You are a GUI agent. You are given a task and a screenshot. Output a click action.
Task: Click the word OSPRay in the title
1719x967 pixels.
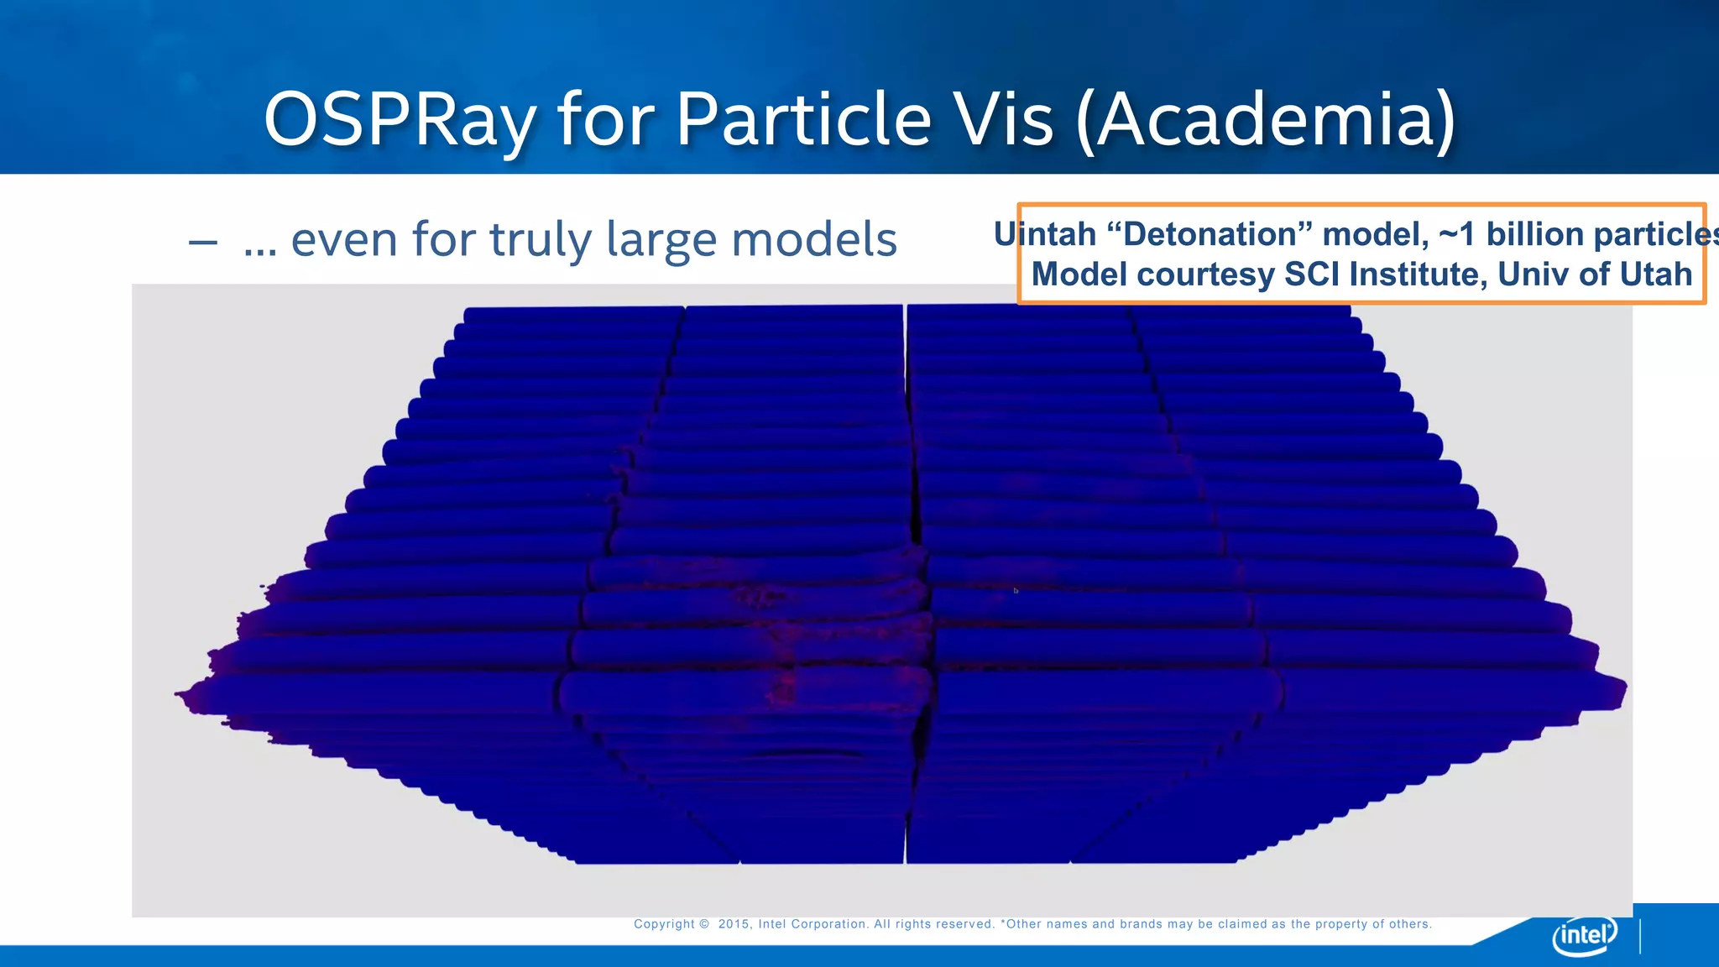click(400, 120)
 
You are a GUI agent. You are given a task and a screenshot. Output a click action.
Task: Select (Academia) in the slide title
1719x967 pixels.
click(1266, 120)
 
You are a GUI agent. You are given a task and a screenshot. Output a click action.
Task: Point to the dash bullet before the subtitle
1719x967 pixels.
click(203, 243)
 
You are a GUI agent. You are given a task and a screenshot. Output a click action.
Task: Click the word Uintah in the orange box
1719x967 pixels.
click(1045, 234)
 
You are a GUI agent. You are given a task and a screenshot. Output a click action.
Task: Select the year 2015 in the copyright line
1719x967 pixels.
click(734, 924)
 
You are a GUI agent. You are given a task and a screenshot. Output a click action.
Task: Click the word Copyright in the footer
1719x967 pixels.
click(664, 924)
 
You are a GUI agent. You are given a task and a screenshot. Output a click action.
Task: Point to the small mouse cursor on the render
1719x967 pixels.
click(1016, 591)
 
